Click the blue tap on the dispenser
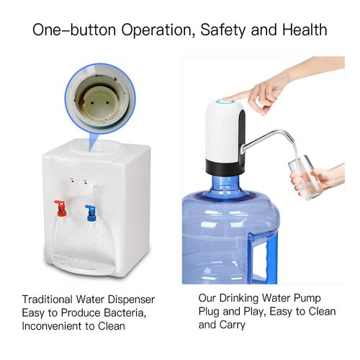[91, 212]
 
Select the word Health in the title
[303, 30]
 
